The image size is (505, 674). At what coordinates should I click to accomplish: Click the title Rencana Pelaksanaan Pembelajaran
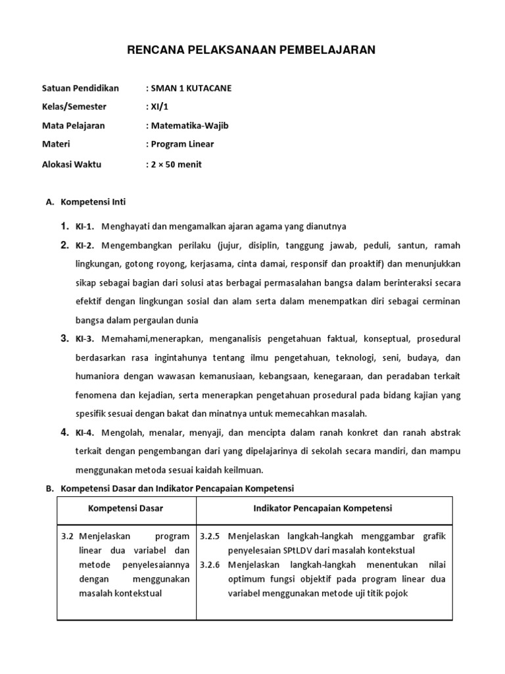click(252, 50)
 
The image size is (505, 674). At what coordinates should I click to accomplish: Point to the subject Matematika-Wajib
click(189, 126)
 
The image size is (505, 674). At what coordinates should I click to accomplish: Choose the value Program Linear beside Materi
click(182, 144)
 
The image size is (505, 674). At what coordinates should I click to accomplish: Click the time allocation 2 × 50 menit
click(176, 165)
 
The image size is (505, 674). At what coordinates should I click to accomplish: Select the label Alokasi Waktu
click(72, 165)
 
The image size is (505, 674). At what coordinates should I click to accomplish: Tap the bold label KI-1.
click(85, 226)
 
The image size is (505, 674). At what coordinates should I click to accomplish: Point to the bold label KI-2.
click(85, 246)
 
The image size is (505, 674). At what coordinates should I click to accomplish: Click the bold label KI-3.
click(85, 339)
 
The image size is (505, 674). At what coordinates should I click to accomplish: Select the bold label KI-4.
click(85, 432)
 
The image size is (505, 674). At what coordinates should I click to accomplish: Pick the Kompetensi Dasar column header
click(126, 509)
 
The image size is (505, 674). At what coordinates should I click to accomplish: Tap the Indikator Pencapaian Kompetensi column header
click(322, 509)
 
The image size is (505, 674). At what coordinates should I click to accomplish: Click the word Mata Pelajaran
click(73, 126)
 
